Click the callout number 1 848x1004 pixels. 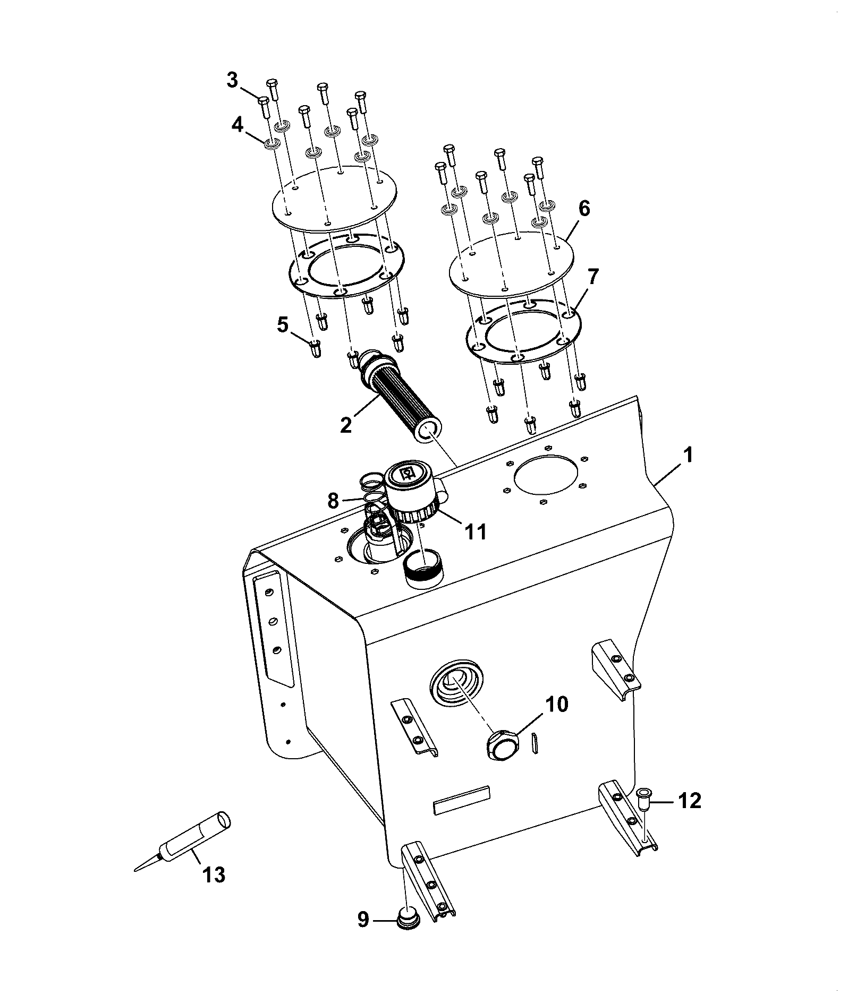pyautogui.click(x=688, y=456)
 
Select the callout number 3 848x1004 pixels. pyautogui.click(x=232, y=81)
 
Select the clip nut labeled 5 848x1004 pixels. pyautogui.click(x=315, y=348)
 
